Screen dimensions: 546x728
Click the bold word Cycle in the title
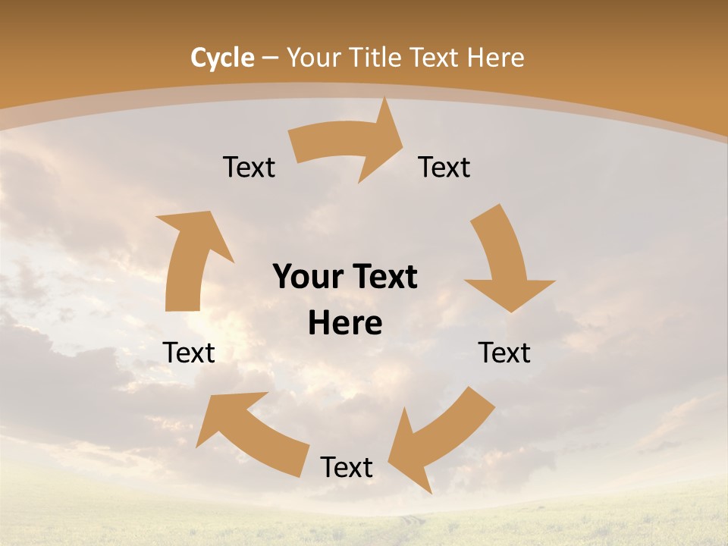tap(222, 58)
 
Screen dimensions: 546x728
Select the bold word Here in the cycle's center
tap(345, 324)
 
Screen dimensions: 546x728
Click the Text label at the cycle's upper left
tap(249, 168)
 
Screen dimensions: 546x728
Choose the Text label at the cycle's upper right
tap(444, 168)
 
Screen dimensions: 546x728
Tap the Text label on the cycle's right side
tap(504, 353)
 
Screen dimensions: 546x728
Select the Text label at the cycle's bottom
tap(347, 468)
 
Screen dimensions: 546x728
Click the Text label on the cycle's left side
tap(189, 353)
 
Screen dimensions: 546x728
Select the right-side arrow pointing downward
tap(504, 258)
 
